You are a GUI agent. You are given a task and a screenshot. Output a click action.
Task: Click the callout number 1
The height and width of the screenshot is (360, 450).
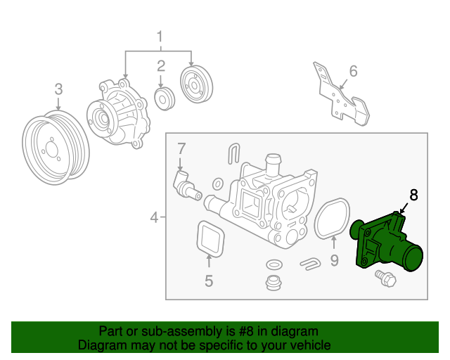click(x=160, y=36)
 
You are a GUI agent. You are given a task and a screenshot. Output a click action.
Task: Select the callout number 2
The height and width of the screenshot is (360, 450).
click(x=161, y=67)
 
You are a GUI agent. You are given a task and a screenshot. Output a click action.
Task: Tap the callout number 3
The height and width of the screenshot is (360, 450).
click(x=58, y=89)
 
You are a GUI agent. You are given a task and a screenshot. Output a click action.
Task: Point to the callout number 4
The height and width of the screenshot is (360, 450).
click(x=155, y=218)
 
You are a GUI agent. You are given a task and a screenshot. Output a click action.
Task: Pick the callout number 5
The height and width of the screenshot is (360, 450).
click(x=209, y=281)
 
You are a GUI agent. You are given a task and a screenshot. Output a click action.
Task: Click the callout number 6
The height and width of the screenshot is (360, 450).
click(x=353, y=71)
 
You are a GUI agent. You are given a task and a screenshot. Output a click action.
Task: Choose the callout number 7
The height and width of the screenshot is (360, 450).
click(x=181, y=149)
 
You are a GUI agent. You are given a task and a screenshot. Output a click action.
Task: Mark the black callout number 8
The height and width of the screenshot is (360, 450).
click(x=413, y=195)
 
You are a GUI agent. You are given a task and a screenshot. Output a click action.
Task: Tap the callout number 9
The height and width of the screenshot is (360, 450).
click(x=334, y=261)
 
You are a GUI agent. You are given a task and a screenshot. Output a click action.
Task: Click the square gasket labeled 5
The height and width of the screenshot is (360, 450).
click(x=208, y=240)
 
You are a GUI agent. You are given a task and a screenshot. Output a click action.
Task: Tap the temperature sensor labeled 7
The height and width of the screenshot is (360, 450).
click(x=186, y=184)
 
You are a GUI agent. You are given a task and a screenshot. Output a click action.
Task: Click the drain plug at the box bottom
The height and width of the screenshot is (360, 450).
click(x=271, y=283)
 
